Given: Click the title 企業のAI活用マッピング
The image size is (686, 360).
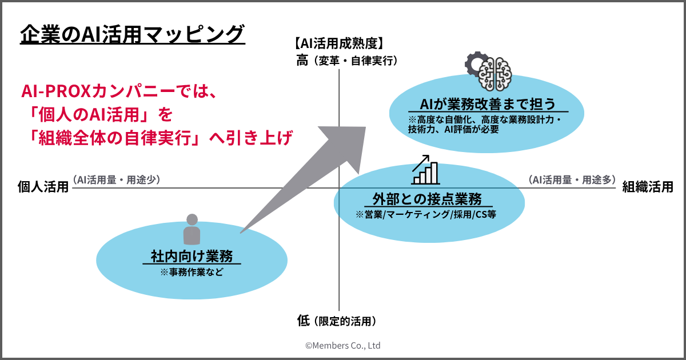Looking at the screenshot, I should click(x=133, y=34).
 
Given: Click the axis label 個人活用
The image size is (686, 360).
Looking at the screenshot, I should click(x=43, y=187).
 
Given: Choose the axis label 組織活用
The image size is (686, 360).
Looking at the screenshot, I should click(x=647, y=187).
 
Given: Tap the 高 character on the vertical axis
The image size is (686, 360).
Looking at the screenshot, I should click(x=302, y=60).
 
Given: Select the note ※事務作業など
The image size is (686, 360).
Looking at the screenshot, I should click(x=192, y=272).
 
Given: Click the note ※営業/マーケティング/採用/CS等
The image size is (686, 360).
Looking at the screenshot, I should click(x=428, y=215).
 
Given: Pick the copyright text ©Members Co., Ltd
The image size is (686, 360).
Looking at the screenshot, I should click(x=342, y=346).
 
